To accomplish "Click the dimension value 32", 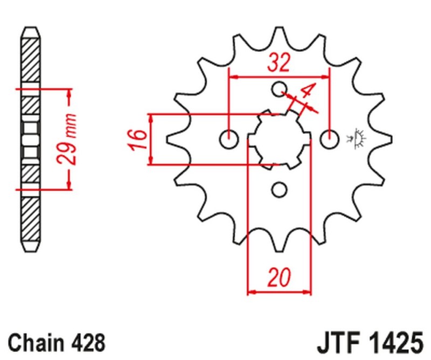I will click(x=279, y=64).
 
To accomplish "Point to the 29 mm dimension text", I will click(x=68, y=139).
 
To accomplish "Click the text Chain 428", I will click(x=56, y=342).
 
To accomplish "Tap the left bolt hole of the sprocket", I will click(x=228, y=140).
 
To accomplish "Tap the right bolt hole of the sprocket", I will click(x=329, y=140).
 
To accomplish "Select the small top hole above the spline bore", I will click(x=279, y=89).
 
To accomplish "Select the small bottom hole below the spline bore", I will click(x=279, y=189).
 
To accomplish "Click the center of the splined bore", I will click(x=279, y=140).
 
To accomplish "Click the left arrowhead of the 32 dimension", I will click(x=233, y=77).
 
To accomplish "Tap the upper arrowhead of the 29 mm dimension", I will click(x=68, y=93).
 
